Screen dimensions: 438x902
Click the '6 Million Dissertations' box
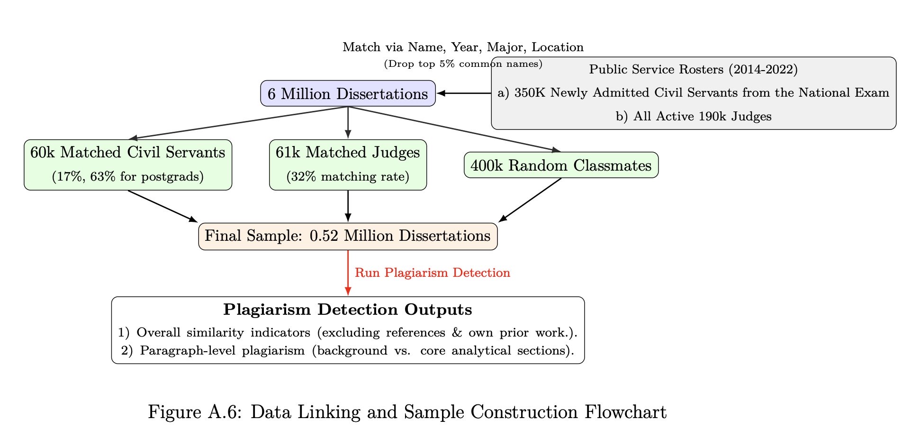coord(348,93)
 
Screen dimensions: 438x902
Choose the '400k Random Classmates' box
coord(561,165)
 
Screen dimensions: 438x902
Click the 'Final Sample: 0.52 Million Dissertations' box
coord(348,236)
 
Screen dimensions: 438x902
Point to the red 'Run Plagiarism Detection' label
coord(432,273)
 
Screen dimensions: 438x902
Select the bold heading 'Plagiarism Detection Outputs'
coord(348,310)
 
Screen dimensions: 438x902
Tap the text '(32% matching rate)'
coord(348,177)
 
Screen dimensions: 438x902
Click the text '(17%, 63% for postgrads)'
coord(127,177)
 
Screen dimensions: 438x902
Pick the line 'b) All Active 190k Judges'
coord(694,117)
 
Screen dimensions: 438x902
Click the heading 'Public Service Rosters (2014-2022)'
coord(694,70)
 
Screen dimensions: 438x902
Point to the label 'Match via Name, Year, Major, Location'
coord(463,47)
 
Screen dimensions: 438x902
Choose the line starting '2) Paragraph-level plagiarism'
coord(348,351)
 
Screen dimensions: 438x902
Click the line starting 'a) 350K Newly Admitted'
coord(694,93)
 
